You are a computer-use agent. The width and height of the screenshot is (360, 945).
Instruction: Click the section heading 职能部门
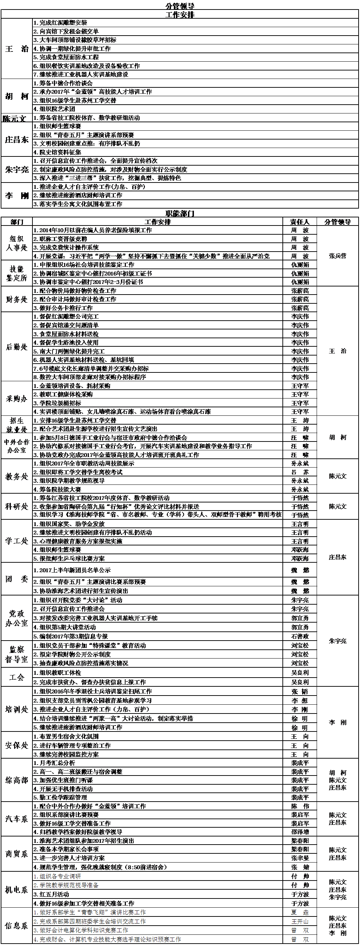[180, 213]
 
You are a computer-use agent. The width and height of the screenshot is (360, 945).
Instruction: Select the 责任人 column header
[299, 222]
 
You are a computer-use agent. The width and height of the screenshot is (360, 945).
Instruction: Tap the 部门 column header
[17, 222]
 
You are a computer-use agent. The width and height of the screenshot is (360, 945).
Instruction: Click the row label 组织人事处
[17, 243]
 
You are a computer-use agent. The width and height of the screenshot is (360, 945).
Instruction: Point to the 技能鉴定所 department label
[17, 273]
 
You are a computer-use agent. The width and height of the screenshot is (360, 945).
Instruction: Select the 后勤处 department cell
[17, 347]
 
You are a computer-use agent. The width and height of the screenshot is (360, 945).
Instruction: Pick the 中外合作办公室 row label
[17, 446]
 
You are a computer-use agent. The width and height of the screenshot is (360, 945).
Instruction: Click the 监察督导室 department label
[17, 654]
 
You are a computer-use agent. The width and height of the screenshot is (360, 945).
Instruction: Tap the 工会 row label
[17, 677]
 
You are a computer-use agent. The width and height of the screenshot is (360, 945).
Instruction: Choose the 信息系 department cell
[17, 926]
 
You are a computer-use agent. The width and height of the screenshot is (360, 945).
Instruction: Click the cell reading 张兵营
[337, 256]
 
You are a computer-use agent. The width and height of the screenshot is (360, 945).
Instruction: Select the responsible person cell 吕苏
[299, 472]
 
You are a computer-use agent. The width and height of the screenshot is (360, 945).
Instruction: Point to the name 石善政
[299, 636]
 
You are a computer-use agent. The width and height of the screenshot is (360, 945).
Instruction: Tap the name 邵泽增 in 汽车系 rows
[299, 832]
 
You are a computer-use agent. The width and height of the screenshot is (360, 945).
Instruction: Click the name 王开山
[299, 921]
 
